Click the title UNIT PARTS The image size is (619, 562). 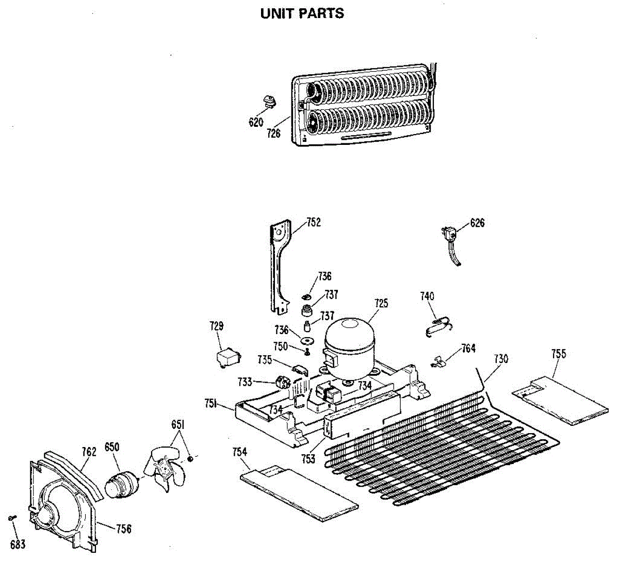click(302, 13)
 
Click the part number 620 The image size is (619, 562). click(256, 122)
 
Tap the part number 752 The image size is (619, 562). click(314, 222)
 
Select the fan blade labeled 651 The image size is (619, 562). click(164, 467)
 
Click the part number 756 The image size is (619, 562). click(124, 529)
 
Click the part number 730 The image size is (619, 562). click(501, 359)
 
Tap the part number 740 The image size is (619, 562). click(427, 296)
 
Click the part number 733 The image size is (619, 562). click(245, 382)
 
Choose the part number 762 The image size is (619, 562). click(89, 452)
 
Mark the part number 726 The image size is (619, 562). click(273, 134)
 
